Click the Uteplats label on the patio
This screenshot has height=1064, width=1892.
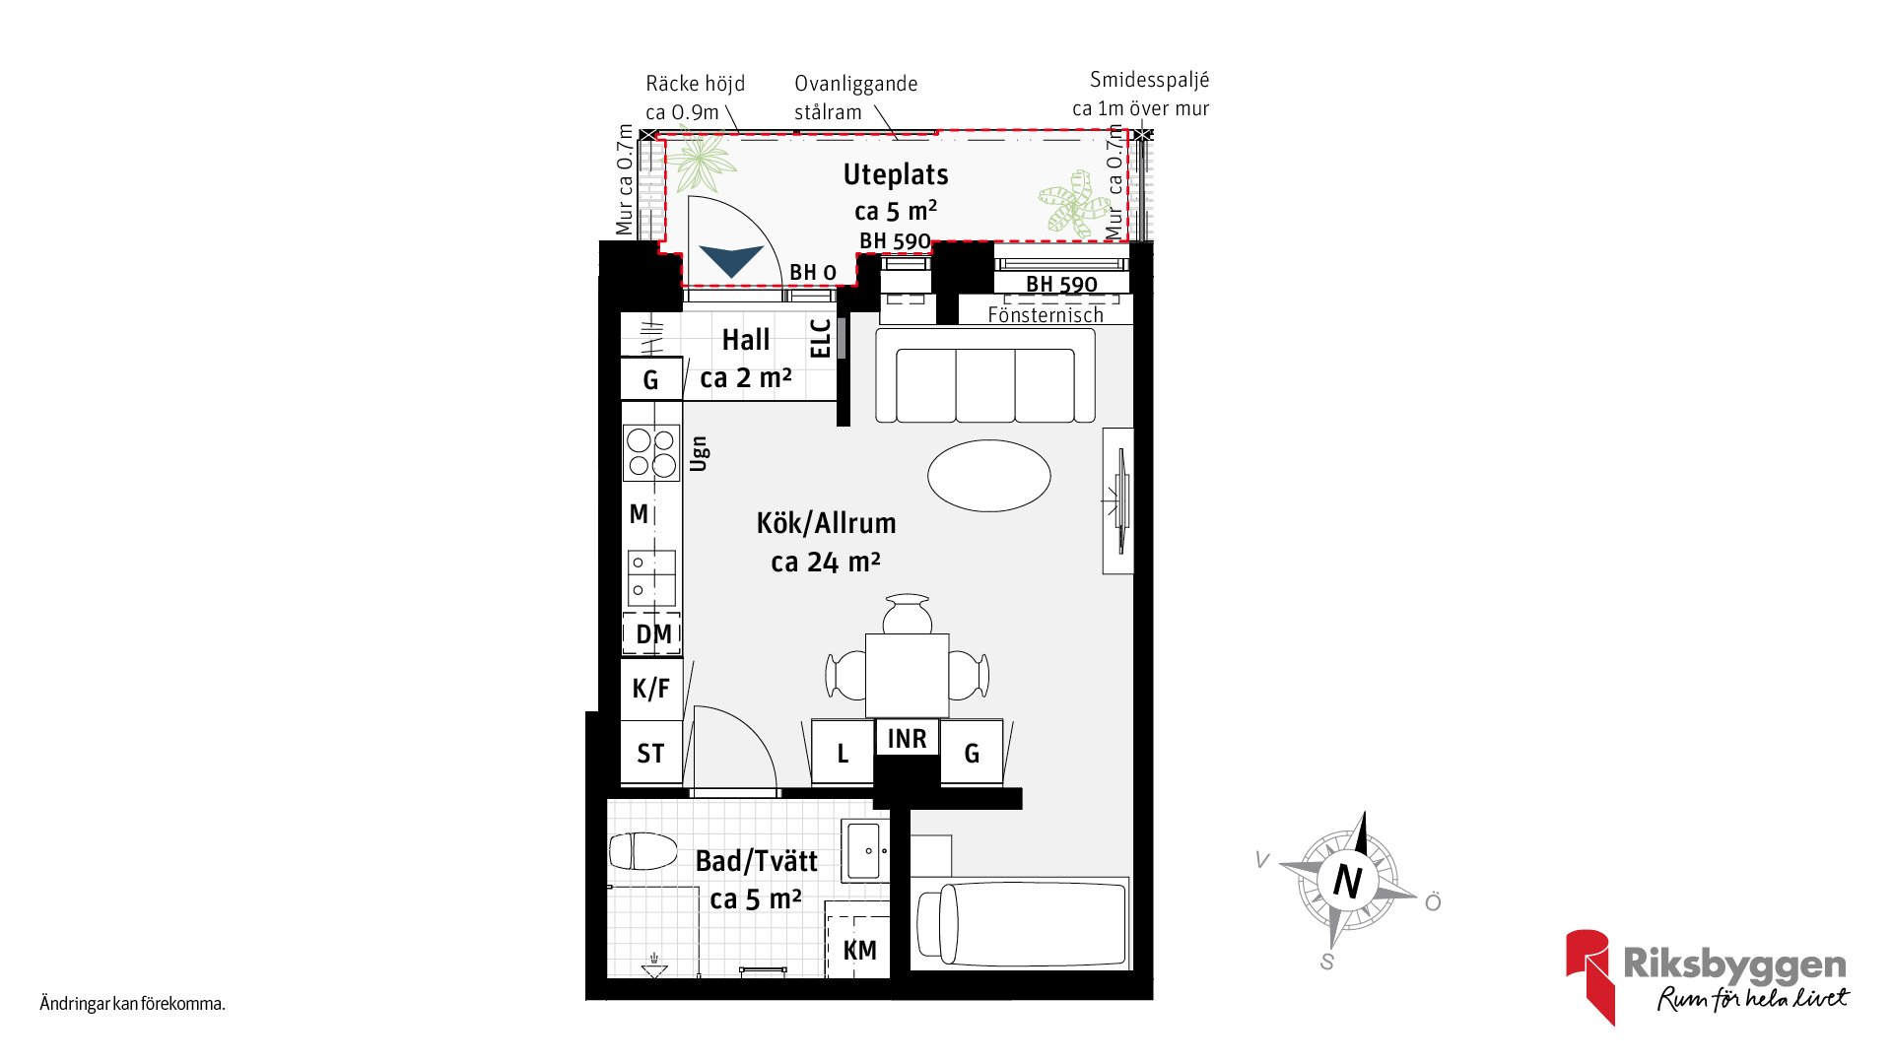(896, 175)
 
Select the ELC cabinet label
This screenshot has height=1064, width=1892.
(820, 338)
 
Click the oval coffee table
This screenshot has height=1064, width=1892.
(988, 476)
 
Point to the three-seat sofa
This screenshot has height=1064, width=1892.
(985, 375)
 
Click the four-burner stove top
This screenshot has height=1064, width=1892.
(651, 452)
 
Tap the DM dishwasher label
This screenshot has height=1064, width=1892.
(653, 634)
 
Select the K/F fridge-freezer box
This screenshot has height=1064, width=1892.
(651, 689)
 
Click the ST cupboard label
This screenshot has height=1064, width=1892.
(650, 754)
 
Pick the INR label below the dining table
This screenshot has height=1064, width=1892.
(907, 739)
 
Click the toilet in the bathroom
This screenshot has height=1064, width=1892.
(642, 851)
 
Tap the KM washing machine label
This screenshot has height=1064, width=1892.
(859, 951)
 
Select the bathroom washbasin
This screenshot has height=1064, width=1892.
(865, 850)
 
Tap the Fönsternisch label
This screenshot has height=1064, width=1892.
(1046, 315)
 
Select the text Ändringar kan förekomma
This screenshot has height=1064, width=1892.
(133, 1005)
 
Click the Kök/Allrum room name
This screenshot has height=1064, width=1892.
(826, 523)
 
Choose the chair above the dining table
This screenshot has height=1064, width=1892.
(907, 614)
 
